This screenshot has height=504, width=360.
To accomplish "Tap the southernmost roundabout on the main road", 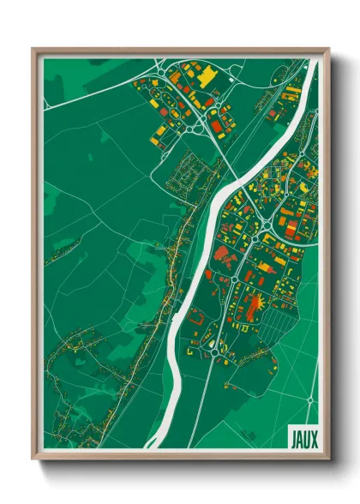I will click(x=213, y=351).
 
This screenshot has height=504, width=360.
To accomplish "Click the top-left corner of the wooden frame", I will click(x=34, y=50).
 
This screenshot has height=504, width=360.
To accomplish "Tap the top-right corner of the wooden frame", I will click(x=328, y=50).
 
